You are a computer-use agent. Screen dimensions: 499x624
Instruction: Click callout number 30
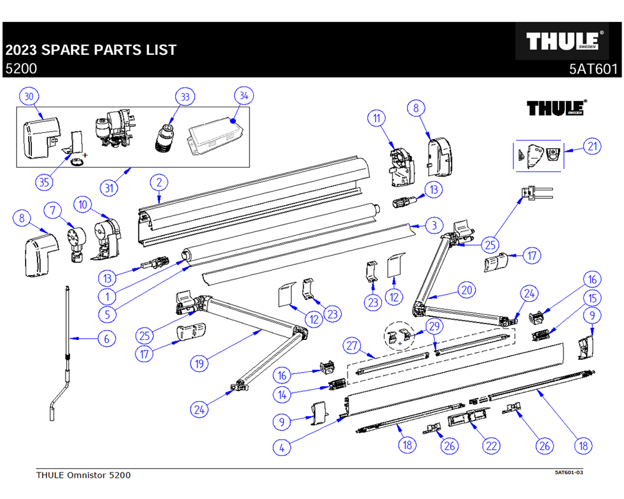tap(29, 96)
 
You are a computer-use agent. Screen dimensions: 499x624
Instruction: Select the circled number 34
tap(244, 96)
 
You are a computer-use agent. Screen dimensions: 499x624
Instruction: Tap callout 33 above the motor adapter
tap(185, 97)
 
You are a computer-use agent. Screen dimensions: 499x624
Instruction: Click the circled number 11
tap(377, 119)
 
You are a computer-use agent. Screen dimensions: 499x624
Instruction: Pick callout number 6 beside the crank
tap(107, 339)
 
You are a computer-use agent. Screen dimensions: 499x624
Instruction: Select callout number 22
tap(492, 445)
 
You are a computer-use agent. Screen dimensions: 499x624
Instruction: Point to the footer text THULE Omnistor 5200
tap(84, 475)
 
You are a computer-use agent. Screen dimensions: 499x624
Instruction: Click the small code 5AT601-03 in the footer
tap(568, 472)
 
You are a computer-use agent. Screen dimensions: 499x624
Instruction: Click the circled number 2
tap(160, 183)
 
